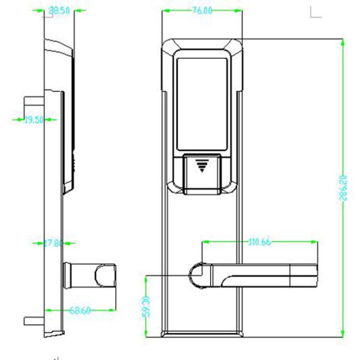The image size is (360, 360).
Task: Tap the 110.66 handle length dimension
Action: click(x=259, y=242)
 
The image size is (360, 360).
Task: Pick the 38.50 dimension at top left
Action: click(x=58, y=11)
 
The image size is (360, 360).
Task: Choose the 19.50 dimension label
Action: click(x=34, y=120)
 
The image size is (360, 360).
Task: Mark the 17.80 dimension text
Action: click(x=53, y=243)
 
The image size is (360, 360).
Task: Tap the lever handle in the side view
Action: click(x=90, y=276)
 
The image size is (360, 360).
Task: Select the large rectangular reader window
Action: click(x=203, y=102)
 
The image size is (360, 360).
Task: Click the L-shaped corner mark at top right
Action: click(x=315, y=12)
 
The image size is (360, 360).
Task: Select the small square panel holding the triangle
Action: click(x=201, y=170)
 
